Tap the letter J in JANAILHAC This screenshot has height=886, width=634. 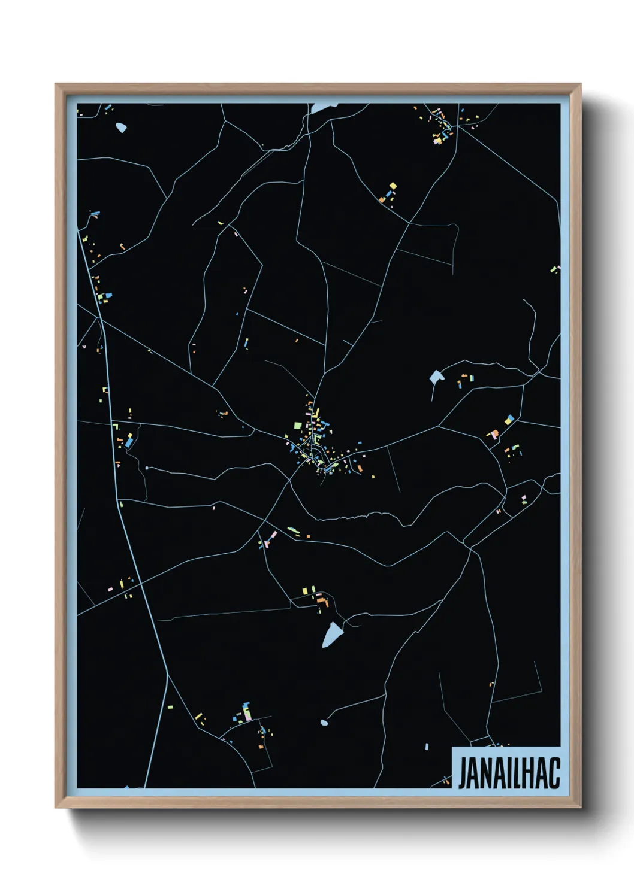(462, 773)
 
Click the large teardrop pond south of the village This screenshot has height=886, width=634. (331, 635)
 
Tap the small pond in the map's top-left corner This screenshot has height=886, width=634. (122, 128)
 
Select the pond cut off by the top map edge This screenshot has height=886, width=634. (322, 108)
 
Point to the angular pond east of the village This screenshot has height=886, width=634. (436, 377)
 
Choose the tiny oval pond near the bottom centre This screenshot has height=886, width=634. (324, 723)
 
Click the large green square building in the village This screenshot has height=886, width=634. (297, 426)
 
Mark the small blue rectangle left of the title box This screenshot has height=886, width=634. (427, 746)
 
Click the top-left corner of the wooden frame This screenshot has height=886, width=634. (56, 84)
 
